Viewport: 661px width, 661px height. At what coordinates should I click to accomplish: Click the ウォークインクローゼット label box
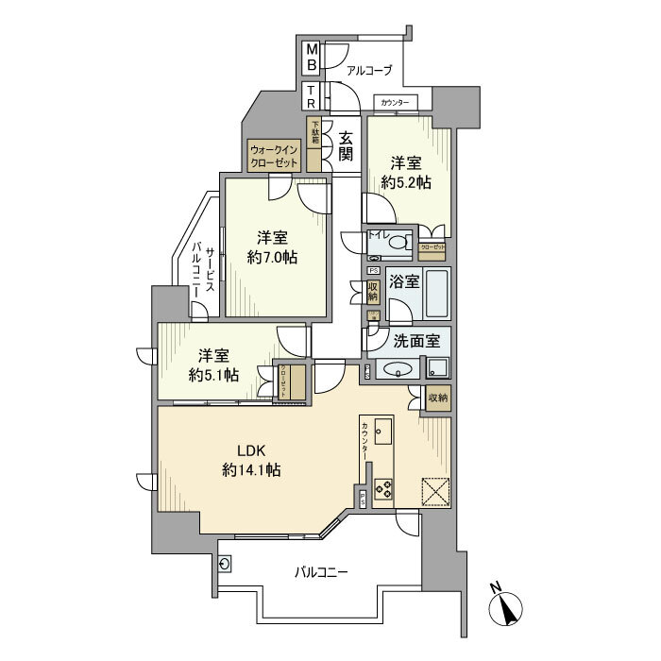(x=274, y=156)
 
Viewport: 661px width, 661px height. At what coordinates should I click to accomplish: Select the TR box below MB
(x=311, y=95)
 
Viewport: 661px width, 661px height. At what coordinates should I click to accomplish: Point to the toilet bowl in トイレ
(x=398, y=244)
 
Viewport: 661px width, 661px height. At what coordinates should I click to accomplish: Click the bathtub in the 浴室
(x=435, y=294)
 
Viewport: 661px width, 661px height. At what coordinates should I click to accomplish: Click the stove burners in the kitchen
(x=384, y=488)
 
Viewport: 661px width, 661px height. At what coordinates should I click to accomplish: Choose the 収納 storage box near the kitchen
(x=438, y=398)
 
